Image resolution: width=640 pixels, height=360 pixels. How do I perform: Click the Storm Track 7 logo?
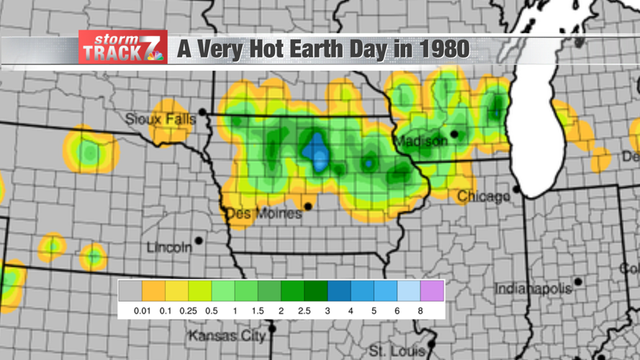pos(123,48)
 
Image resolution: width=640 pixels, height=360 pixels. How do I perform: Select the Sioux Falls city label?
pos(160,119)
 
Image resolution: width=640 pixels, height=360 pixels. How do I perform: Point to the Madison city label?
pos(420,141)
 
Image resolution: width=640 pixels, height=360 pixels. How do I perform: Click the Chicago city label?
pos(483,196)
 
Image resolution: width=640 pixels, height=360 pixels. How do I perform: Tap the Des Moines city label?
pos(263,214)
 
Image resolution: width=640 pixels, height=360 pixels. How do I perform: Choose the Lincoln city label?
pos(169,247)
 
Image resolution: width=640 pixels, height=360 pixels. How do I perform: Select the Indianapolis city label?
pos(533,289)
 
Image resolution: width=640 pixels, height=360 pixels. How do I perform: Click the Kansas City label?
pos(227,336)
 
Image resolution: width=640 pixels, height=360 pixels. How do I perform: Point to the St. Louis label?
pos(397,351)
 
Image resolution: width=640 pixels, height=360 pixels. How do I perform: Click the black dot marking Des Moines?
pos(308,207)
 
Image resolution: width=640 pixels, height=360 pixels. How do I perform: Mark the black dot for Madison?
pos(454,134)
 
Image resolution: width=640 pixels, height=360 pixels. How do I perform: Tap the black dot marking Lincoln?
pos(199,240)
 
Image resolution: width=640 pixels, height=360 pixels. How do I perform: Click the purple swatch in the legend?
pos(432,291)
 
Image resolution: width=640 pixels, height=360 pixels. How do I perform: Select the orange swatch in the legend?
pos(153,291)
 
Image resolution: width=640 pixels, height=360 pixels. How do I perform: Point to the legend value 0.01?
pos(143,311)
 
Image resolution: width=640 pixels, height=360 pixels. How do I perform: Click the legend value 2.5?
pos(304,311)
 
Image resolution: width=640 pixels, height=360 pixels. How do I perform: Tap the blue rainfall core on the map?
pos(316,152)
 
